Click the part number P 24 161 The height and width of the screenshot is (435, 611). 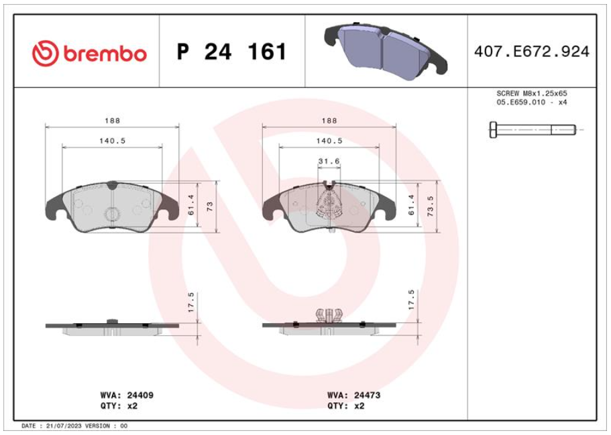(x=231, y=52)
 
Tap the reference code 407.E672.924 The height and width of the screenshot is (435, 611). (x=531, y=52)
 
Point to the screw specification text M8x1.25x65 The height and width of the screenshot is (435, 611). (x=545, y=93)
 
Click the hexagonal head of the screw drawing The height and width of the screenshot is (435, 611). (x=494, y=129)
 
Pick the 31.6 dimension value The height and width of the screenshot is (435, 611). (x=329, y=162)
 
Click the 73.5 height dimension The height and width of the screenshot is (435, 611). (x=431, y=206)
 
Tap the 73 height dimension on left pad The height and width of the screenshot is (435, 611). (x=210, y=206)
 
